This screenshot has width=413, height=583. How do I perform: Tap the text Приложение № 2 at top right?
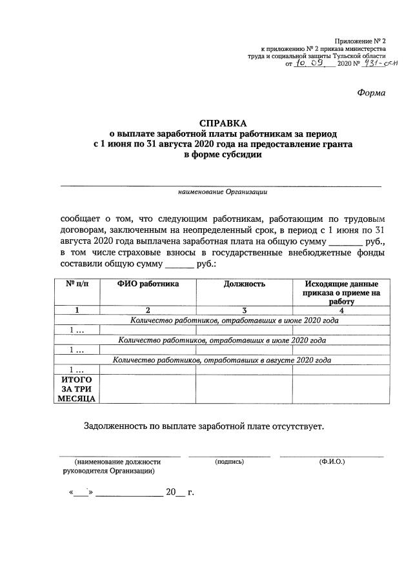(x=362, y=41)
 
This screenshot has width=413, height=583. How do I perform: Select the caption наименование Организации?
(x=223, y=192)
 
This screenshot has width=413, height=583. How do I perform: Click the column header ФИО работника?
(x=148, y=284)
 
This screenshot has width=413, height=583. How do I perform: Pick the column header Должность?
(x=244, y=284)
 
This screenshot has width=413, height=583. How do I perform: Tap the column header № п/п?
(x=77, y=284)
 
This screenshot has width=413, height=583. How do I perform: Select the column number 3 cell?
(x=244, y=310)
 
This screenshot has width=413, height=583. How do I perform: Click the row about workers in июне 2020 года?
(x=234, y=320)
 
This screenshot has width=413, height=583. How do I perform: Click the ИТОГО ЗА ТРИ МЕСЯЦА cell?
(x=77, y=390)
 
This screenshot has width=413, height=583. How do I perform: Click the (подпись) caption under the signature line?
(x=229, y=462)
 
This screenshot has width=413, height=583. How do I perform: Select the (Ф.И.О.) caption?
(x=332, y=462)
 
